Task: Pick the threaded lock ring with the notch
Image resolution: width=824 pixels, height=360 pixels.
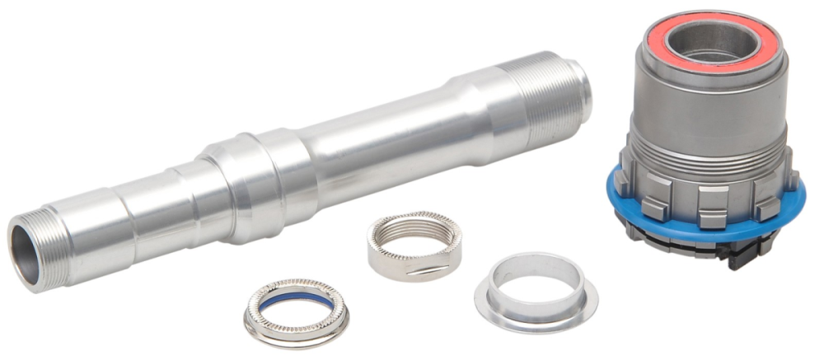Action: pos(414,246)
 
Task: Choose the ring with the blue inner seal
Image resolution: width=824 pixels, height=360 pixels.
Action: pos(296,314)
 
